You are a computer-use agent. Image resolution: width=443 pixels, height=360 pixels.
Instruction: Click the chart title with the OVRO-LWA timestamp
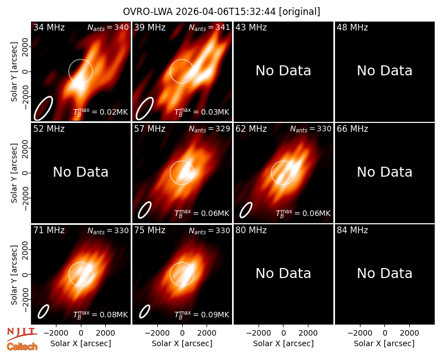[x=221, y=12]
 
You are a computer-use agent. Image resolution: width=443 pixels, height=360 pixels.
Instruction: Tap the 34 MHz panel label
[x=49, y=27]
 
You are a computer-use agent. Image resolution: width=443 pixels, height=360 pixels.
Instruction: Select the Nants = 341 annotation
[x=209, y=27]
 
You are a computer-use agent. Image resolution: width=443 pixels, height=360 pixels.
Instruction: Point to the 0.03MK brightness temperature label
[x=202, y=112]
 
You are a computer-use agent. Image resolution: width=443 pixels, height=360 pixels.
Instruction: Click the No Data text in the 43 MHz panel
[x=283, y=71]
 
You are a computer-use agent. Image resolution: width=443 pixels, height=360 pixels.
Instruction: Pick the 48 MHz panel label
[x=352, y=27]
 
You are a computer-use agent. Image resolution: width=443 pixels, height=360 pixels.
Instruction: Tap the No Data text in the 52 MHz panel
[x=80, y=172]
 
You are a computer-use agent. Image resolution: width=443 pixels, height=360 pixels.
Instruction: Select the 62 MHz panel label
[x=251, y=129]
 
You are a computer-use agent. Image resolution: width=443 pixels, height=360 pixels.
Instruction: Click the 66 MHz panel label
[x=352, y=129]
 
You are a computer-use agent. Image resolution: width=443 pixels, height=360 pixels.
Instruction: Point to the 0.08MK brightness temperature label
[x=101, y=315]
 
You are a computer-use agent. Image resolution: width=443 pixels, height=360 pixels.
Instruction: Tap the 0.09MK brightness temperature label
[x=202, y=315]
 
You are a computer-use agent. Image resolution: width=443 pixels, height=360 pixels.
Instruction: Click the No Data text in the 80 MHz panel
[x=283, y=274]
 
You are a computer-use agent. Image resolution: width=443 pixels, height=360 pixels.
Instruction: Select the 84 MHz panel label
[x=352, y=230]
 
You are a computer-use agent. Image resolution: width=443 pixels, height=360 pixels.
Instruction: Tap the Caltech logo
[x=22, y=347]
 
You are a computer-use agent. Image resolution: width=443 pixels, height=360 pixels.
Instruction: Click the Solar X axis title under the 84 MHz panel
[x=384, y=343]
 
